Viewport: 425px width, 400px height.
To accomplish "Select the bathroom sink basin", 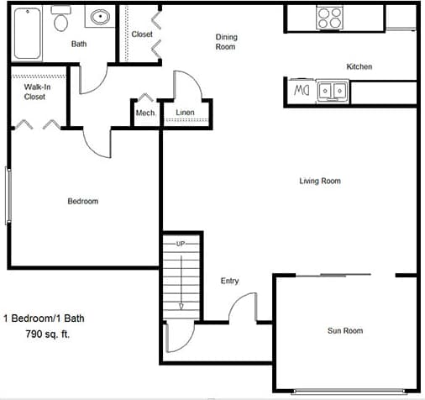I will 101,18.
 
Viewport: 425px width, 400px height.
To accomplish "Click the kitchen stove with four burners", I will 328,16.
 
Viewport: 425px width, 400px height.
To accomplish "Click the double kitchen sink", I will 333,89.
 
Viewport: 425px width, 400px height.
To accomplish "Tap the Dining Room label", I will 225,41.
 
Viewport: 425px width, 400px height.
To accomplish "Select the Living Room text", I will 320,181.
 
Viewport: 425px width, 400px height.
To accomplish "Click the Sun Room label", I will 344,330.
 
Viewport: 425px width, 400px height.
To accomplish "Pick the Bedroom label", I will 83,201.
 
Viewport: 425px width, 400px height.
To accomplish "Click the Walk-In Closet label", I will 34,91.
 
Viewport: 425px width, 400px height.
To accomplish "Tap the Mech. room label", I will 144,113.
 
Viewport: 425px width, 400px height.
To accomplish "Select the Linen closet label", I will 186,112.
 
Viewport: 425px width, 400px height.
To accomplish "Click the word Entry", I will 229,281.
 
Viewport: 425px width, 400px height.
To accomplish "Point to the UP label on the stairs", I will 181,244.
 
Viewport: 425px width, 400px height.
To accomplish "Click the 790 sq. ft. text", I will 48,334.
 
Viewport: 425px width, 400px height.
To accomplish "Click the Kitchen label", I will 359,66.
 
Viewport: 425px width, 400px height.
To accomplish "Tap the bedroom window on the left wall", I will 8,195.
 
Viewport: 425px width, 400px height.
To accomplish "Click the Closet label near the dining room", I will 142,34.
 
